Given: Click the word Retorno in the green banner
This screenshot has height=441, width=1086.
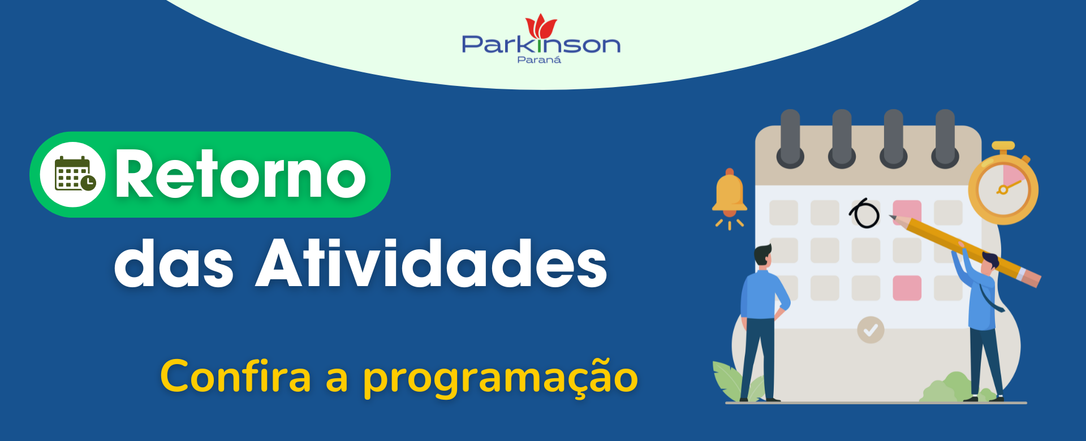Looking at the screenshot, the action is point(240,174).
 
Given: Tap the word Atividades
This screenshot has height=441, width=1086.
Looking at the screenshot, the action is point(432,262).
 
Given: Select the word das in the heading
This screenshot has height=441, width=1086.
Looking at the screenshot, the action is point(174,262).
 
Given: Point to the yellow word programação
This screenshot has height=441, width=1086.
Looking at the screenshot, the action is point(501,378).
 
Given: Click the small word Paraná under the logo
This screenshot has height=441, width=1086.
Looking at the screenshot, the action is point(539,59).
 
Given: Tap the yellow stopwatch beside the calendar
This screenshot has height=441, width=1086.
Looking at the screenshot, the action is point(1003,184).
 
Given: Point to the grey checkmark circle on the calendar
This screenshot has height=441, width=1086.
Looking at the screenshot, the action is point(870,330).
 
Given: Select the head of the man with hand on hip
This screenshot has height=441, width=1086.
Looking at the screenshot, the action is point(763,256).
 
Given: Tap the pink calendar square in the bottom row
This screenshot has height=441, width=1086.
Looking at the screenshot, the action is point(907,288).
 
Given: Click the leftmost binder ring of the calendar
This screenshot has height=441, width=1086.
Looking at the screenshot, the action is point(790,139).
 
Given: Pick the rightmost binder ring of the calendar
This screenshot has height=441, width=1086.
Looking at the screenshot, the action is point(945,139).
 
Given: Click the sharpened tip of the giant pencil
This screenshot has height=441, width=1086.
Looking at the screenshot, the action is point(891,217).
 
